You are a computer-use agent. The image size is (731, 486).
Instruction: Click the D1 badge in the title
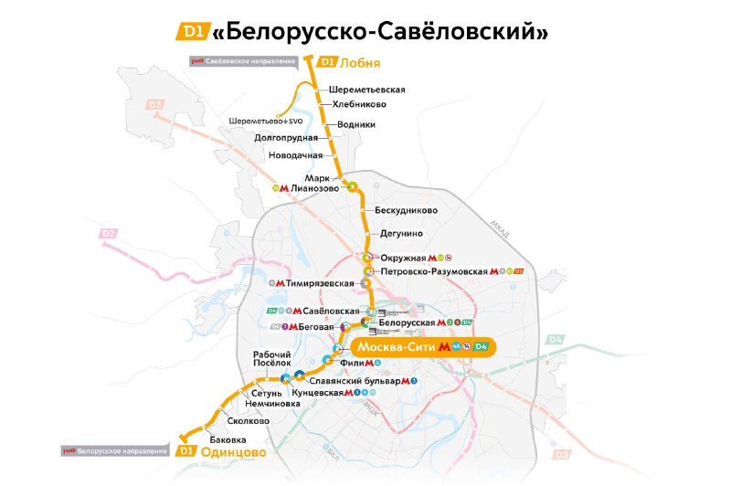192,32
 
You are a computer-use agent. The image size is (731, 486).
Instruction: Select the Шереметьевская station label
366,90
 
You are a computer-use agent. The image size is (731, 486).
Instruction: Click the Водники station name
356,124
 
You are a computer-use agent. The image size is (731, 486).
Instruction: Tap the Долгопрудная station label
286,138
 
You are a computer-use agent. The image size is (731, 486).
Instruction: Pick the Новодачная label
295,155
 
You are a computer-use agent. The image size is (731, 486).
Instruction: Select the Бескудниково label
407,210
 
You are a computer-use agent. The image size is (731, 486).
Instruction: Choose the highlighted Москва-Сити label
396,347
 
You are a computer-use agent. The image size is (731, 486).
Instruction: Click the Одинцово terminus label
233,451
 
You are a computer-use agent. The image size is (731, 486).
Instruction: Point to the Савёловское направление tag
250,61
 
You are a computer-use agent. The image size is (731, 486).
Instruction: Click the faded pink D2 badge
109,234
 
